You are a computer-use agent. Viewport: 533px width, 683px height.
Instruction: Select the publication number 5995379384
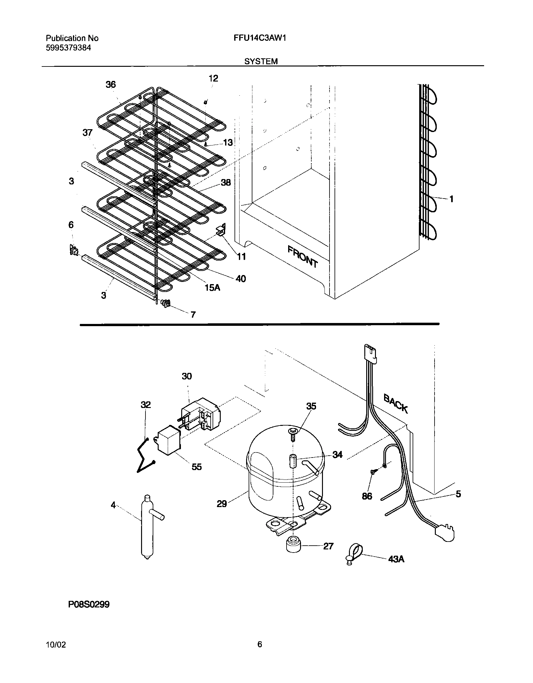pos(69,48)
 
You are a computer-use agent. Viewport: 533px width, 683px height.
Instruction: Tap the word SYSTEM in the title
pos(261,61)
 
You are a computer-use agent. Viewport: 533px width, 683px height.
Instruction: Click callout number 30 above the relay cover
pos(187,376)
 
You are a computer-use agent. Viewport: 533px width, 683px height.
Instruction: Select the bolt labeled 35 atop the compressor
pos(293,434)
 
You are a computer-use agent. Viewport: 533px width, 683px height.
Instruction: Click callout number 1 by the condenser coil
pos(451,199)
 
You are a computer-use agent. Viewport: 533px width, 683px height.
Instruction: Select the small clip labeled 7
pos(166,303)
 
